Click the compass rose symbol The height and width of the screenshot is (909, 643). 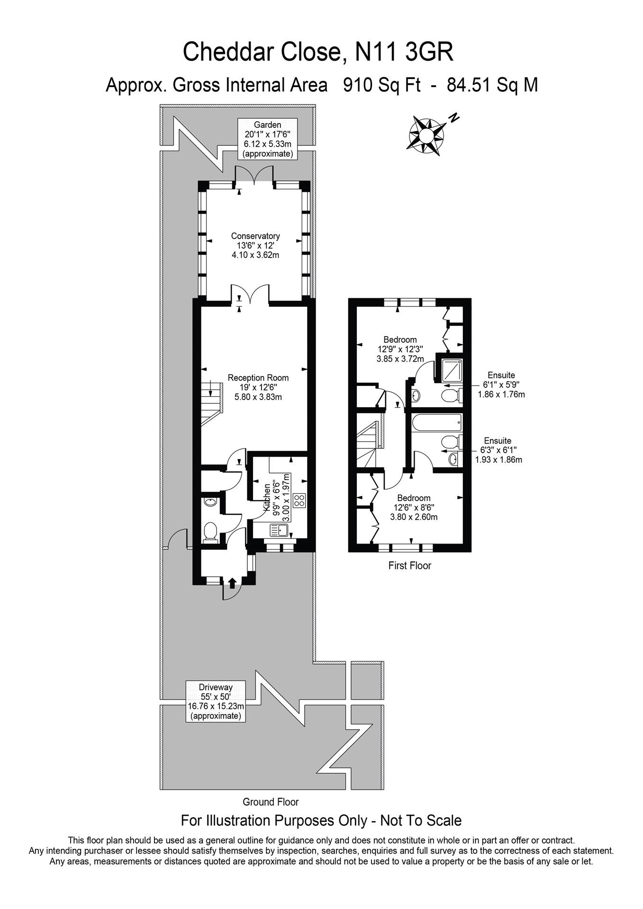coord(426,135)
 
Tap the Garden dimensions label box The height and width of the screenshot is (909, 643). coord(268,139)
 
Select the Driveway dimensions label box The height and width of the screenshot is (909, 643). coord(216,701)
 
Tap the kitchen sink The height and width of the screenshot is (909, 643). coord(280,530)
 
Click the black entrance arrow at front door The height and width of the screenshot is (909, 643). coord(232,583)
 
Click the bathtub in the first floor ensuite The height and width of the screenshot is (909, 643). coord(436,422)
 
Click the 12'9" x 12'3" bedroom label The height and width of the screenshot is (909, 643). coord(400,349)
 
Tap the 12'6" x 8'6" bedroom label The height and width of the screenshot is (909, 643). coord(413,507)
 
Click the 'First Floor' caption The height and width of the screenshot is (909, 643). coord(409,565)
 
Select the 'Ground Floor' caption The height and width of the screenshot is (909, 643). coord(271,802)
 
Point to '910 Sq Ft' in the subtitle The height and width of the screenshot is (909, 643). coord(382,85)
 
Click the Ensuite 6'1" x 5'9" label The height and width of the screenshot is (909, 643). coord(500,384)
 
